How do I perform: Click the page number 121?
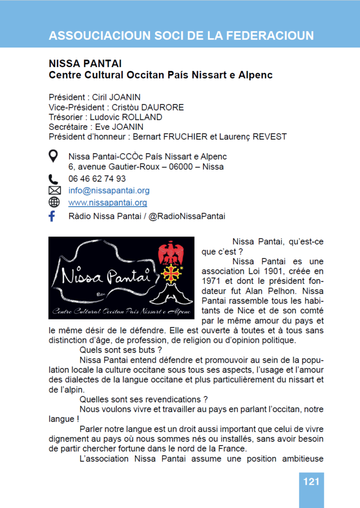tap(311, 481)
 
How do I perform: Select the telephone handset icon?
tap(54, 179)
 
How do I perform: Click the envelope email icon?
tap(54, 190)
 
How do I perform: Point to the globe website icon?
tap(54, 202)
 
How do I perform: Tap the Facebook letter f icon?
tap(52, 216)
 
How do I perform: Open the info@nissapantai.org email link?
tap(109, 190)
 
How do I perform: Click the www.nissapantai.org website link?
tap(108, 202)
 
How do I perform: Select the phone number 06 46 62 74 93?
tap(97, 179)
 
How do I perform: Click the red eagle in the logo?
tap(170, 253)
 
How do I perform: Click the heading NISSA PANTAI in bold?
tap(85, 64)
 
